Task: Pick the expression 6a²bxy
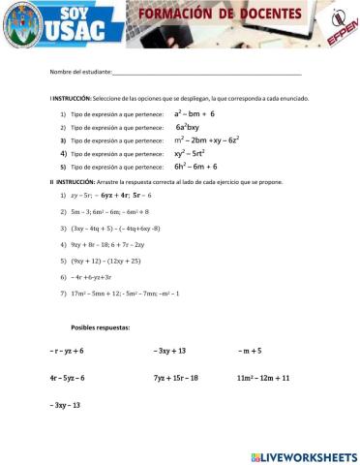tap(188, 127)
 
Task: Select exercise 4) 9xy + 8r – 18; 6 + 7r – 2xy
tap(107, 244)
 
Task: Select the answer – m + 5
tap(250, 350)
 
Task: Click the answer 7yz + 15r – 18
tap(175, 377)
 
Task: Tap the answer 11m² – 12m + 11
tap(263, 377)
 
